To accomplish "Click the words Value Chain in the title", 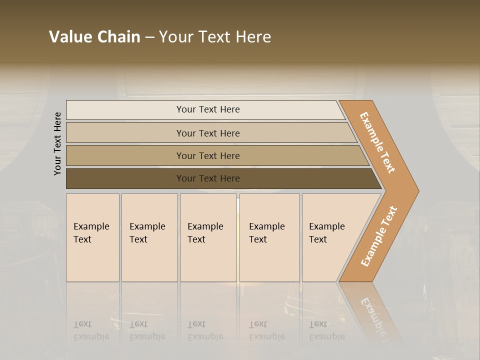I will tap(94, 37).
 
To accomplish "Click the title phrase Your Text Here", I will tap(215, 37).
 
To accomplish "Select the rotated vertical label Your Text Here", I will tap(57, 143).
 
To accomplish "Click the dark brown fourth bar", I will tap(125, 178).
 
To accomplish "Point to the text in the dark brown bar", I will tap(208, 178).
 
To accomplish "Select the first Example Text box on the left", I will tap(92, 237).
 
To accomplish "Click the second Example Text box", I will tap(149, 237).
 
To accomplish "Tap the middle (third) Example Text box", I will tap(208, 237).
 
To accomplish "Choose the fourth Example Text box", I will tap(269, 237).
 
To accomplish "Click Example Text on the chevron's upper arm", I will tap(377, 142).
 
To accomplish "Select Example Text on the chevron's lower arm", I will tap(378, 236).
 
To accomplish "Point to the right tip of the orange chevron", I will tap(417, 190).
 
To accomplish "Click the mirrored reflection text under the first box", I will tap(91, 330).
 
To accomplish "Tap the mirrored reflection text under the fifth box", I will tap(327, 330).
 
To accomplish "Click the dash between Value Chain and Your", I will tap(149, 37).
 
